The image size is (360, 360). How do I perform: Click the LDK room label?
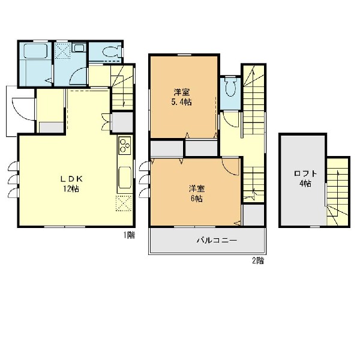(x=71, y=179)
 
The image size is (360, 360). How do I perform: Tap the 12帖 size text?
(x=71, y=189)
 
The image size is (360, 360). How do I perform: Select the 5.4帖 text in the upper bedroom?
(x=181, y=102)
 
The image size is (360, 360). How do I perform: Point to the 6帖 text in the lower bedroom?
(x=197, y=199)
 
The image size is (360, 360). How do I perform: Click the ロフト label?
(x=305, y=173)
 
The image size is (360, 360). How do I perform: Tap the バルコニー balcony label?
(x=217, y=241)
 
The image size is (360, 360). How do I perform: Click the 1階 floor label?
(x=129, y=235)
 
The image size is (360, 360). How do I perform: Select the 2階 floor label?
(x=258, y=260)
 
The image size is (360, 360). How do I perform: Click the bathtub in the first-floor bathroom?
(x=35, y=51)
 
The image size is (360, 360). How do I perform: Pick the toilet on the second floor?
(x=230, y=86)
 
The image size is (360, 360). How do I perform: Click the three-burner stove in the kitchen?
(x=125, y=145)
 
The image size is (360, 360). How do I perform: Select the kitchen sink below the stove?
(x=125, y=178)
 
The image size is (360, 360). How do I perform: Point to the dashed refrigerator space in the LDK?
(x=124, y=203)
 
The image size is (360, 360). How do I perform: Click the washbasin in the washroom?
(x=79, y=48)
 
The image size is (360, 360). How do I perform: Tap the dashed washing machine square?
(x=62, y=50)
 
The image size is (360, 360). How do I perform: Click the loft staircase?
(x=337, y=192)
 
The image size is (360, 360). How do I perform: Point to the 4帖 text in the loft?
(x=305, y=184)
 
